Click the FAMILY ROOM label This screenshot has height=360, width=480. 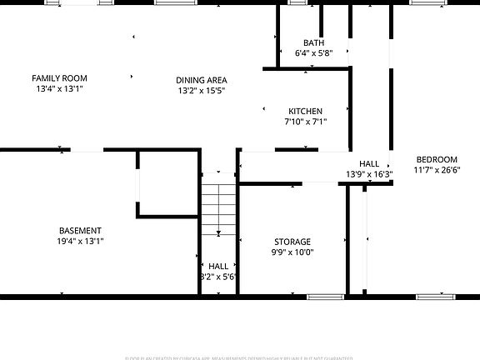tap(59, 77)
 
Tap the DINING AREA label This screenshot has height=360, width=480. tap(202, 80)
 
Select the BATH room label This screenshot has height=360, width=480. tap(313, 42)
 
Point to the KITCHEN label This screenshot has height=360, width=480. tap(305, 111)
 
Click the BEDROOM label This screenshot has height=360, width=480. tap(437, 159)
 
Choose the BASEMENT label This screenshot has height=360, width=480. tap(80, 231)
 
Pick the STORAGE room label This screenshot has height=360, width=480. tap(292, 242)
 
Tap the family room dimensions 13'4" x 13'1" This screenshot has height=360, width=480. tap(59, 88)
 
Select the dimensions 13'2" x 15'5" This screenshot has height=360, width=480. tap(202, 91)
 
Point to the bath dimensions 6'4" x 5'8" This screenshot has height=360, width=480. tap(313, 52)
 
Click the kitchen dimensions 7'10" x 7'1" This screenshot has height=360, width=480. tap(305, 122)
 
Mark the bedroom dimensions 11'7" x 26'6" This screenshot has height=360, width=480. tap(437, 170)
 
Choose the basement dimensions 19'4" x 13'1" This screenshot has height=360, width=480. tap(80, 242)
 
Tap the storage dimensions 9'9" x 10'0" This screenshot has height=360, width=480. tap(292, 252)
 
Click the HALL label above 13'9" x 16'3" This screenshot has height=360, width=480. tap(369, 164)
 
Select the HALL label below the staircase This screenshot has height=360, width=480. tap(218, 266)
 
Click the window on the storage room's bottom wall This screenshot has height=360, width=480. tap(325, 296)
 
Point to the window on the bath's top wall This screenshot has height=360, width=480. tap(297, 2)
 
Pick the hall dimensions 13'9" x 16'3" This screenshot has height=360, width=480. tap(369, 175)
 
